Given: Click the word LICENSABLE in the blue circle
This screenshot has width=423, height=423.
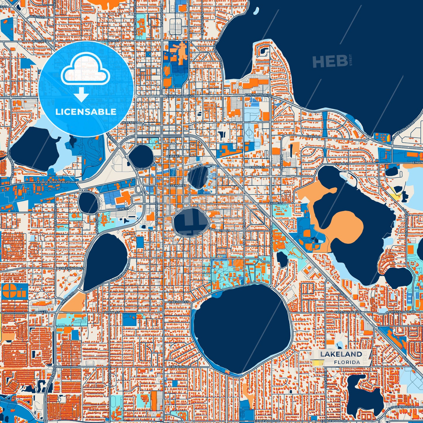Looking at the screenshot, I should [x=86, y=112].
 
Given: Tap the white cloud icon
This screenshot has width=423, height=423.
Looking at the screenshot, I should [x=85, y=71].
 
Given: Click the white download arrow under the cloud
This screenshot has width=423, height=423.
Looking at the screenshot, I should [x=82, y=95].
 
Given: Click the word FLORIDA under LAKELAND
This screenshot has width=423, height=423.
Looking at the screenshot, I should [x=347, y=362].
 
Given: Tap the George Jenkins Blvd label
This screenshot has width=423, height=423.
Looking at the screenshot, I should [x=52, y=182].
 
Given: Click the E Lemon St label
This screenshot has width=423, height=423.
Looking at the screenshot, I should [x=177, y=186].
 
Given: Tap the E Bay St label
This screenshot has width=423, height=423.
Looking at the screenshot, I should [x=174, y=156].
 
